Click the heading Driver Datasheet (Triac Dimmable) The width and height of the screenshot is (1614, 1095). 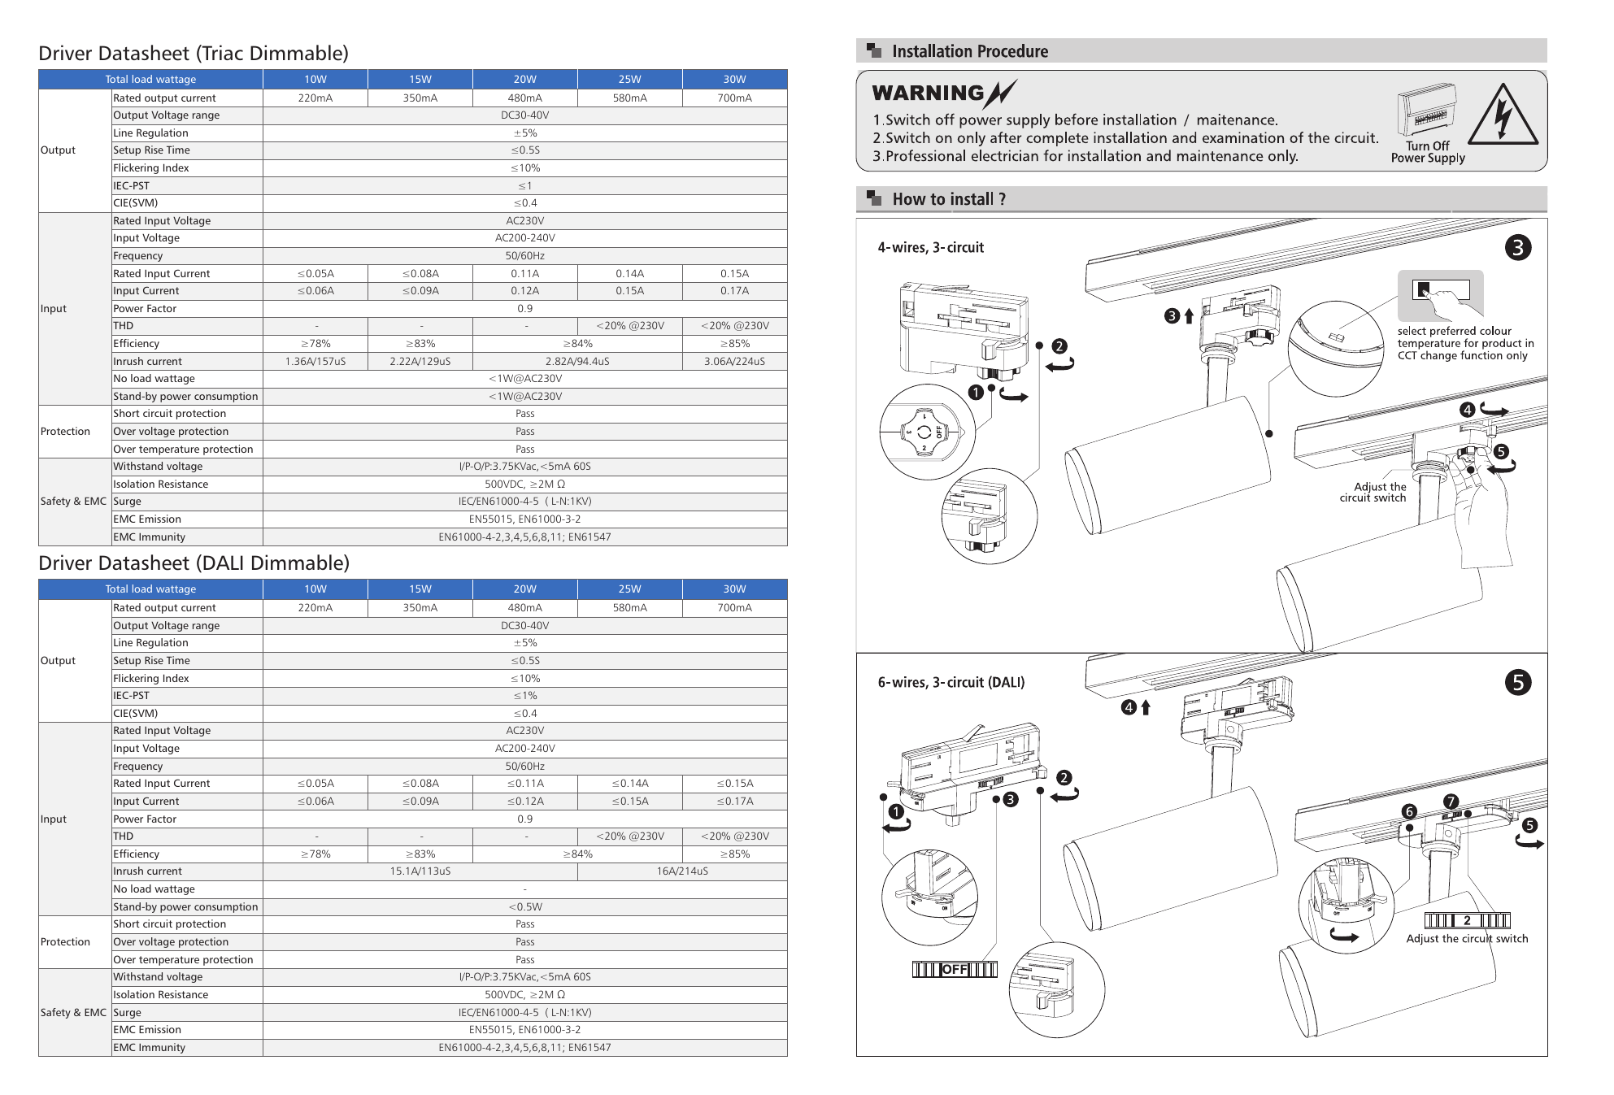tap(194, 54)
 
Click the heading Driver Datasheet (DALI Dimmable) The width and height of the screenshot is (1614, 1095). tap(194, 563)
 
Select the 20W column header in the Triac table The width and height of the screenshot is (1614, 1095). tap(524, 80)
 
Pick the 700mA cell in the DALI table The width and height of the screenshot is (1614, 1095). tap(734, 608)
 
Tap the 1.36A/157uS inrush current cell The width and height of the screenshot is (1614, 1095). tap(315, 362)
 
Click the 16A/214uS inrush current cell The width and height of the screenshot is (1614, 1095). tap(682, 871)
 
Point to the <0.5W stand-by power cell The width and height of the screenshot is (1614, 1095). tap(524, 907)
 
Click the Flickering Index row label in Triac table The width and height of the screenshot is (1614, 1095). tap(151, 168)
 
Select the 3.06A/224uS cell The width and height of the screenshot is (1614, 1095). tap(734, 362)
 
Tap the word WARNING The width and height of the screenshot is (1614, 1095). tap(928, 93)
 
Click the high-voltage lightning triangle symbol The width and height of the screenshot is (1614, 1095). tap(1503, 115)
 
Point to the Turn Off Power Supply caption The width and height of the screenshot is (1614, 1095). tap(1428, 152)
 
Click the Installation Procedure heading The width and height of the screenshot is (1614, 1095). tap(970, 51)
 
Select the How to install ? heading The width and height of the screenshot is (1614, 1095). tap(949, 199)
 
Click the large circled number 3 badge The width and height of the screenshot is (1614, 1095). tap(1517, 247)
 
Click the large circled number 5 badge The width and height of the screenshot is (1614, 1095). tap(1517, 682)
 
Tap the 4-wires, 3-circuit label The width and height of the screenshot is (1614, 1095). tap(930, 247)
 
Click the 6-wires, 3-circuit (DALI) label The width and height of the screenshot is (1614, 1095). tap(951, 682)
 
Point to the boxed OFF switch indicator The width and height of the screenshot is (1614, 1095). tap(955, 969)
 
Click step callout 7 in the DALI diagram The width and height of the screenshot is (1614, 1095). tap(1451, 802)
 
